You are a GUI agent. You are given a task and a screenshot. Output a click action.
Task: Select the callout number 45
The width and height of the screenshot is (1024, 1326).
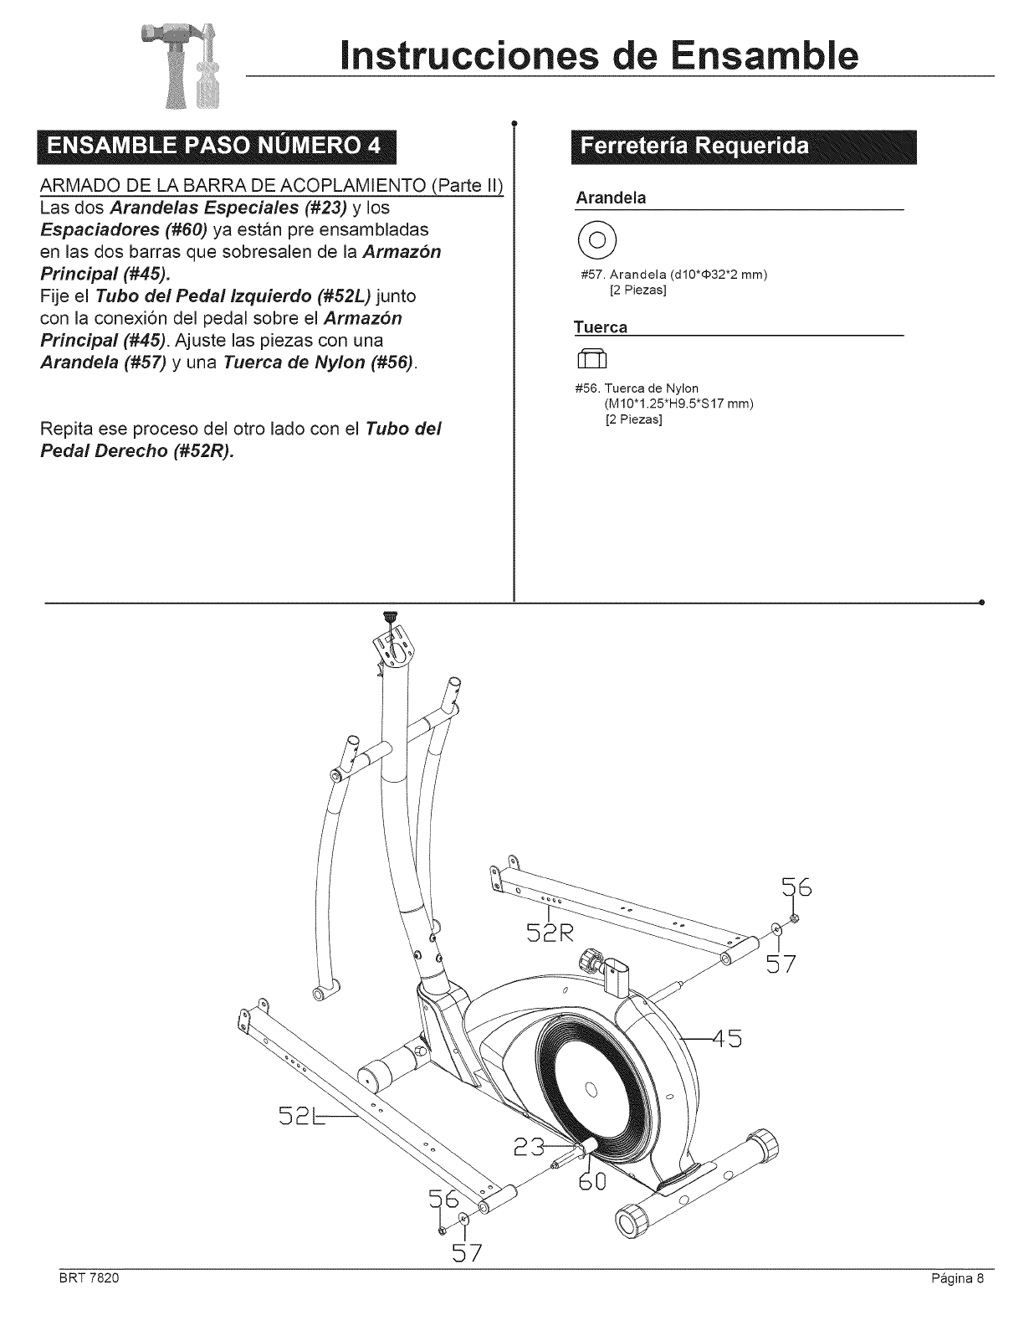[x=724, y=1039]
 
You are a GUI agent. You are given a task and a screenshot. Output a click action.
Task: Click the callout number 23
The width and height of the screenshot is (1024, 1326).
[x=526, y=1147]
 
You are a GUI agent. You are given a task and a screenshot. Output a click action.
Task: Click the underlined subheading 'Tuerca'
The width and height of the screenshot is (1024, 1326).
[x=600, y=326]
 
